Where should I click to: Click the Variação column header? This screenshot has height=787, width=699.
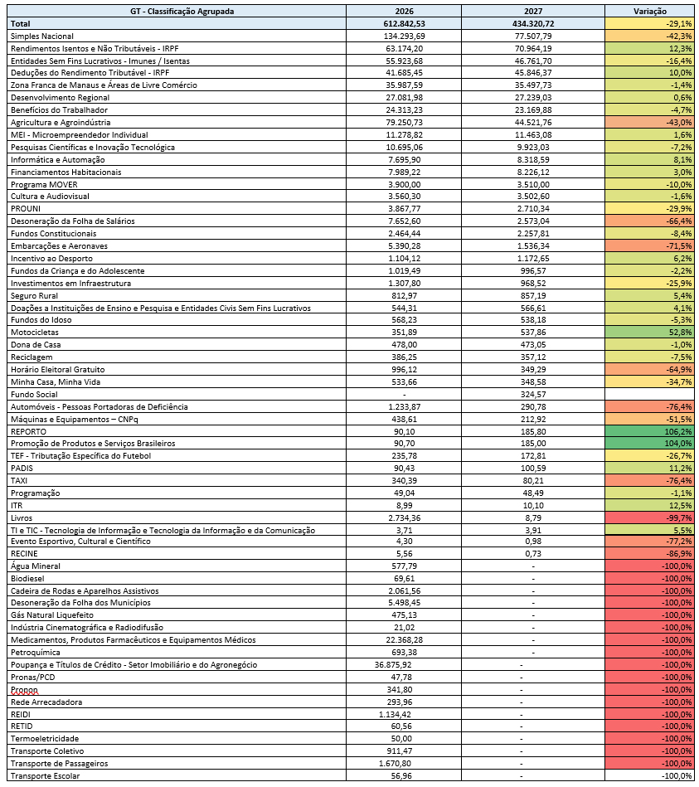point(650,11)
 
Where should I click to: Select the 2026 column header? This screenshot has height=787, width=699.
point(404,11)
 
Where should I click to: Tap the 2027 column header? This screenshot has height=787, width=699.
point(533,11)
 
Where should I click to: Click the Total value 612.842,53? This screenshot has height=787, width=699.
point(404,23)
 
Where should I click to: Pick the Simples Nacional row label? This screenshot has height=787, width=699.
point(42,36)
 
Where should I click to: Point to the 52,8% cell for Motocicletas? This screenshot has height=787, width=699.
point(681,333)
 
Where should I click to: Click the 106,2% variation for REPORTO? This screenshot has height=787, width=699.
point(679,431)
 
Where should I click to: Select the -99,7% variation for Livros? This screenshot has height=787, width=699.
point(679,518)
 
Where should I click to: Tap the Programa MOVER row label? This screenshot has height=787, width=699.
point(44,185)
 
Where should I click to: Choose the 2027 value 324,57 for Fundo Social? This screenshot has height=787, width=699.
point(533,395)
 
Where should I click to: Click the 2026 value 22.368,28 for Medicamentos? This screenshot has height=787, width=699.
point(405,640)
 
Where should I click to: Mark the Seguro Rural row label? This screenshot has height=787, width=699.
point(34,295)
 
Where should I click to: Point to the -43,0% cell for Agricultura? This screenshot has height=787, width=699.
point(679,123)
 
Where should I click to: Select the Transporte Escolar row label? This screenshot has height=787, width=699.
point(45,776)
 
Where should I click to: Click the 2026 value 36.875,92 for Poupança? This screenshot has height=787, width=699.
point(393,664)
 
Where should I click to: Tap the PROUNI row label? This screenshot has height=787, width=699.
point(26,209)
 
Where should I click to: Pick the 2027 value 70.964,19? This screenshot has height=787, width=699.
point(533,49)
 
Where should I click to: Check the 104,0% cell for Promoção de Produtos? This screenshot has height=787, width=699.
point(679,443)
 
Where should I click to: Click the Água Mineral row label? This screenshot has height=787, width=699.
point(36,566)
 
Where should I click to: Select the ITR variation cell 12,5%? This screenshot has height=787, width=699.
point(681,505)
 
